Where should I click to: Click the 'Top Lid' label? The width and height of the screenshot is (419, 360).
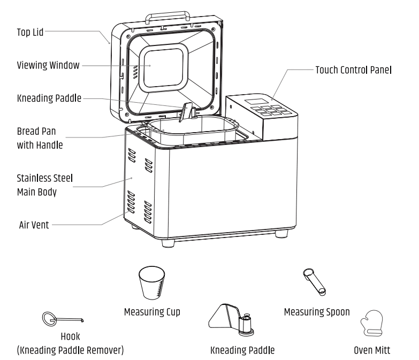[29, 32]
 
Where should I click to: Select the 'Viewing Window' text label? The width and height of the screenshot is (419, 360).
[48, 65]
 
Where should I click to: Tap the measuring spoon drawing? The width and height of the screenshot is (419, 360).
[314, 282]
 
